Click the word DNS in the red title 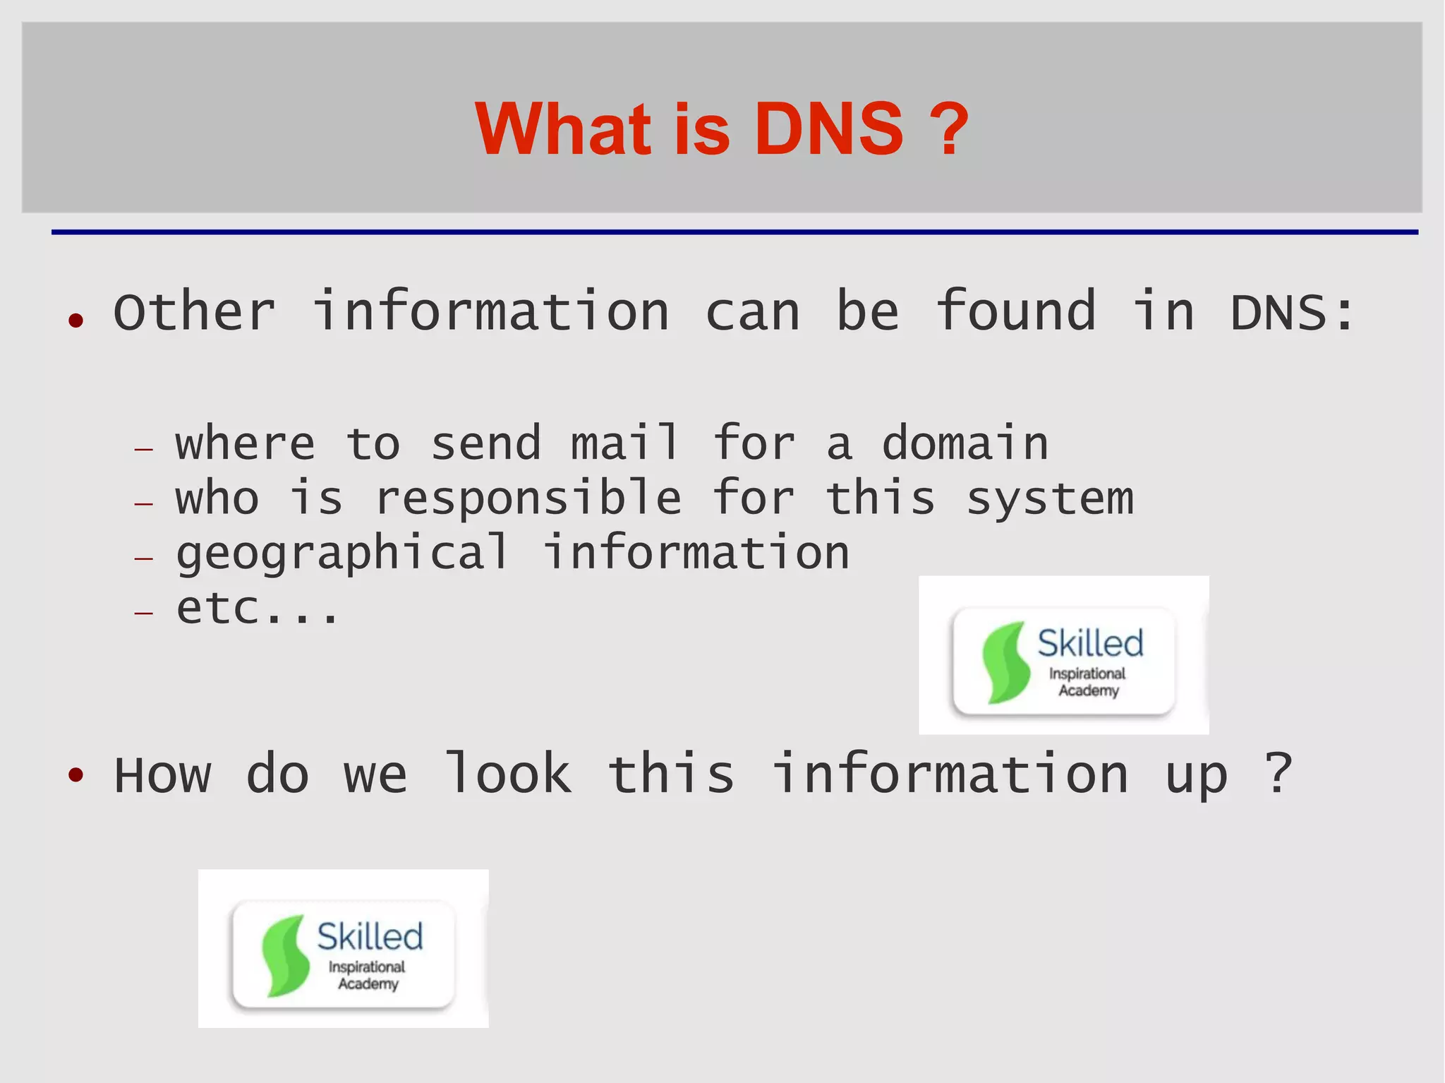pos(828,129)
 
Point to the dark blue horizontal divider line pos(734,232)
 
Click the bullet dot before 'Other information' pos(76,321)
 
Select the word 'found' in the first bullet pos(1016,311)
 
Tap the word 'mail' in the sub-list pos(625,443)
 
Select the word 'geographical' pos(342,554)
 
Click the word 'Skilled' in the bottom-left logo pos(370,937)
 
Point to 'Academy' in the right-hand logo pos(1088,690)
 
